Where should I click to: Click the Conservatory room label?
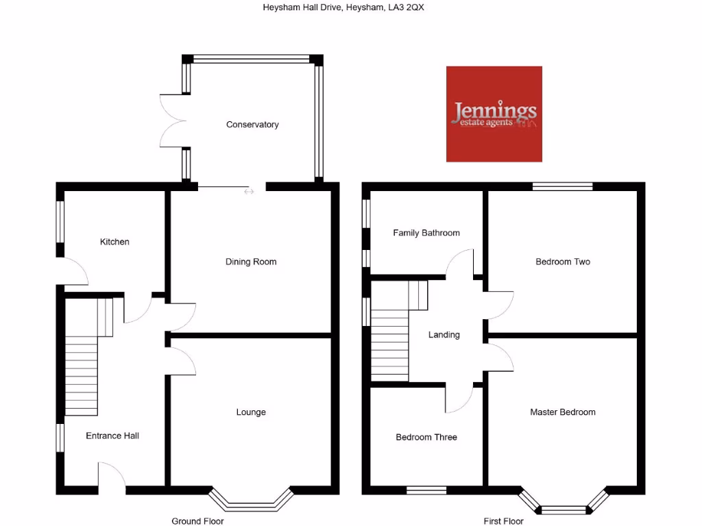click(x=252, y=125)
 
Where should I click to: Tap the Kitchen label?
click(x=114, y=242)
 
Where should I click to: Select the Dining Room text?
click(x=251, y=262)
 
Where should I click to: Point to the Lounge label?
click(x=251, y=412)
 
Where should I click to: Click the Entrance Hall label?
click(x=112, y=436)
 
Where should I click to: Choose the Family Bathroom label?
click(x=426, y=233)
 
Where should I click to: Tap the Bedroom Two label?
click(x=563, y=262)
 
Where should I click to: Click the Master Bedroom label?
click(x=563, y=412)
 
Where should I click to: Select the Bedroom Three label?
click(x=426, y=437)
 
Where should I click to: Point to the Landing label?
click(x=444, y=335)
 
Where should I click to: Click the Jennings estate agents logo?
click(x=494, y=114)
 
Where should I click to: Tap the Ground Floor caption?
click(x=197, y=521)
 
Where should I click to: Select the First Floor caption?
click(x=503, y=521)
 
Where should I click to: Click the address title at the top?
click(x=348, y=8)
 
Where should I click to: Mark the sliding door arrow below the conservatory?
click(x=248, y=192)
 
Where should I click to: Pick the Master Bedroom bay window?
click(x=564, y=505)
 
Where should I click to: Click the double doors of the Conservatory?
click(x=173, y=121)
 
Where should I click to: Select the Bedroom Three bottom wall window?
click(x=426, y=490)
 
